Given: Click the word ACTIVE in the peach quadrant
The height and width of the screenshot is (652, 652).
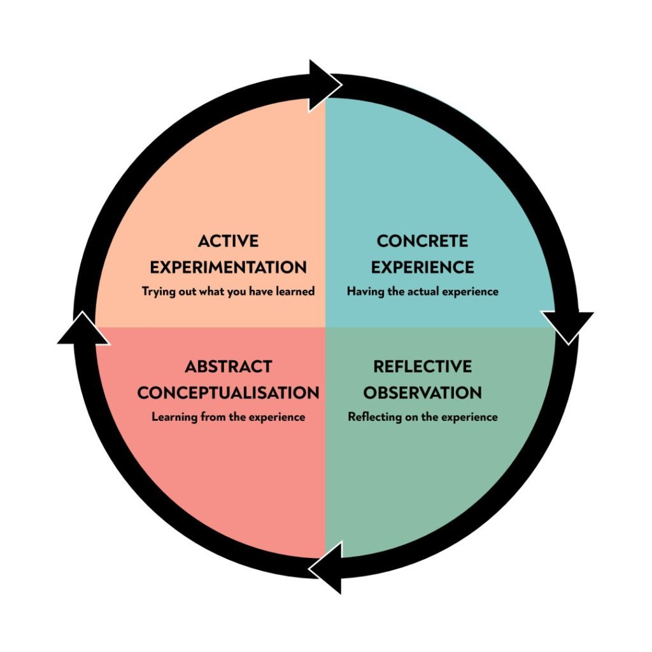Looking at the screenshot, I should click(228, 241).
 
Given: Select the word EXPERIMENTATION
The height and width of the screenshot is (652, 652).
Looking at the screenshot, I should click(228, 267).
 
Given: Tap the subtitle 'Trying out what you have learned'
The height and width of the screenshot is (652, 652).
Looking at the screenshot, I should click(228, 292).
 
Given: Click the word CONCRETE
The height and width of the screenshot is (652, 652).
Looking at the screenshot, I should click(422, 241).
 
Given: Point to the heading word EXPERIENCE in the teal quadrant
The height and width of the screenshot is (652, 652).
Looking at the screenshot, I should click(422, 267).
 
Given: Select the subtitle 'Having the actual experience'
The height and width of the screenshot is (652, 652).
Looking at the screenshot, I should click(422, 292).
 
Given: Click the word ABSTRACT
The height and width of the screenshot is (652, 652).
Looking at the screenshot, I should click(228, 367).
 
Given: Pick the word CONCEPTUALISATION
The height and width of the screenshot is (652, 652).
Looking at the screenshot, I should click(228, 393).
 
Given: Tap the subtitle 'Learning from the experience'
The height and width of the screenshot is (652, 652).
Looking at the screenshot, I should click(228, 418).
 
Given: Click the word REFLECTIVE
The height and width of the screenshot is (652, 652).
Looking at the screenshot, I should click(422, 367).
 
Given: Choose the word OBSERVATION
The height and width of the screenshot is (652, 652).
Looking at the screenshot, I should click(422, 393).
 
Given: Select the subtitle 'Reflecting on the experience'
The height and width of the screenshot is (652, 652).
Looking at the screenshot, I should click(422, 418).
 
